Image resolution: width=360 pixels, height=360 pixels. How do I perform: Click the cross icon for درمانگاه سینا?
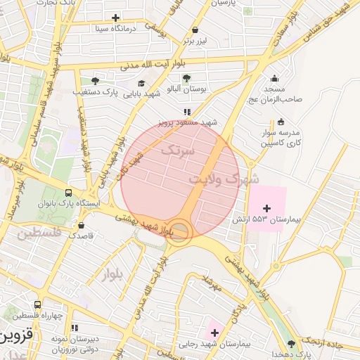coord(115,18)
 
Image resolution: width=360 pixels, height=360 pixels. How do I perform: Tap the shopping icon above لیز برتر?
coord(195,30)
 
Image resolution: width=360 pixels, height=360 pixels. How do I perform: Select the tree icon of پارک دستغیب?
coord(95,81)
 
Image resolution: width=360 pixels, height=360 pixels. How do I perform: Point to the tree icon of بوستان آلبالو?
coord(186,78)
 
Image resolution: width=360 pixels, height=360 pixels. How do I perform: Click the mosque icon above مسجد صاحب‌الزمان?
coord(274,78)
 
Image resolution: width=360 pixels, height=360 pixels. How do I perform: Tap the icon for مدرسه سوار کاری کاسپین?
coord(281,121)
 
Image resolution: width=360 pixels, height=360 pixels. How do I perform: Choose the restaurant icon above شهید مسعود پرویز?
coord(186,112)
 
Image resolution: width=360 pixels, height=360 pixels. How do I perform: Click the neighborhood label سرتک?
coord(176,150)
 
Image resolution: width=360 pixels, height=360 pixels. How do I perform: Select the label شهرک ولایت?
coord(214,179)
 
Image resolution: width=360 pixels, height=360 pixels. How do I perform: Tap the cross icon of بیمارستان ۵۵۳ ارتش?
coord(266,208)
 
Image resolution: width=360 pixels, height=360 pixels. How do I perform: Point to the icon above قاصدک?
coord(82,226)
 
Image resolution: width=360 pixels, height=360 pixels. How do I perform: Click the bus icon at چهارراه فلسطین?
coord(37,304)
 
